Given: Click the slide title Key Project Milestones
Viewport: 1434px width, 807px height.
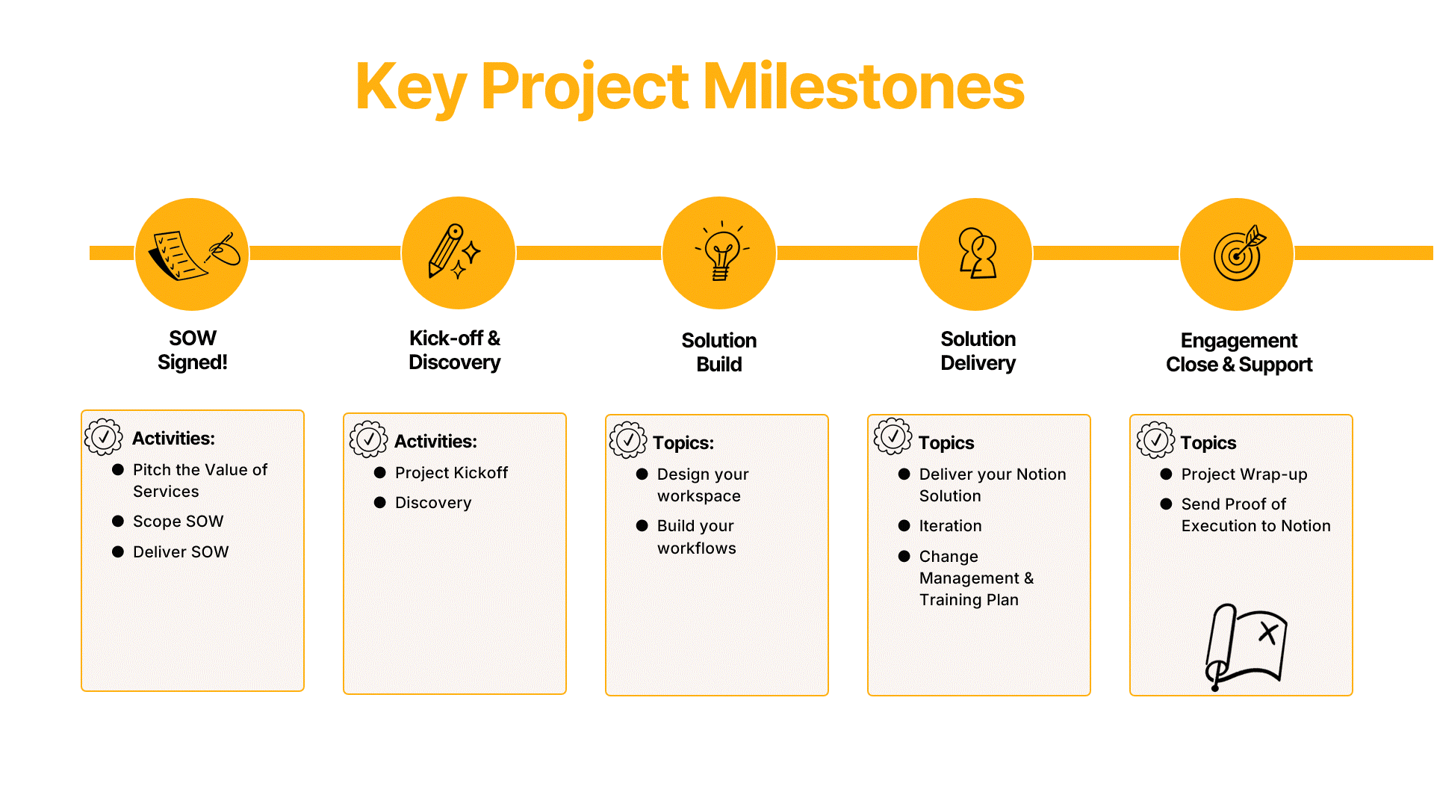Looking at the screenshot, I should tap(689, 87).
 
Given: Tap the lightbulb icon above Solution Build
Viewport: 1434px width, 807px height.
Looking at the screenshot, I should tap(721, 253).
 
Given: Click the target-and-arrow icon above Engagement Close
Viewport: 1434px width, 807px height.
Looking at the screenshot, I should tap(1238, 254).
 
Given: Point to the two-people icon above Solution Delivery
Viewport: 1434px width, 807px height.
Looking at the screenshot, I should tap(976, 253).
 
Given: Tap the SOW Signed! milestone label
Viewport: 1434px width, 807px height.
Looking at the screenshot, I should tap(193, 350).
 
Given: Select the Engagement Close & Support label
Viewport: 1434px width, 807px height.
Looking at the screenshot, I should tap(1238, 352).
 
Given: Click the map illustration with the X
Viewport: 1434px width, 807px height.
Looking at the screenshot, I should tap(1246, 646).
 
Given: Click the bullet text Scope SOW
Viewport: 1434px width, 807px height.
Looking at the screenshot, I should tap(178, 522).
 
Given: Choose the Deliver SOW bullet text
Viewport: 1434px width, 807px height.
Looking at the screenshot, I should tap(181, 552).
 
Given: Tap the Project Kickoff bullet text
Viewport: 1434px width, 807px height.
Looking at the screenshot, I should tap(451, 473).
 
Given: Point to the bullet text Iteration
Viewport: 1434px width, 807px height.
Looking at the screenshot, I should tap(950, 526).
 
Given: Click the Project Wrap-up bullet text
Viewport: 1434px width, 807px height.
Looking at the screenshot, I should tap(1244, 474).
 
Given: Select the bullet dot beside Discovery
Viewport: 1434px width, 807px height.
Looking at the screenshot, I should tap(380, 503).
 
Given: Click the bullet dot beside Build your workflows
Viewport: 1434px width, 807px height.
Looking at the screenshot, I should tap(642, 526).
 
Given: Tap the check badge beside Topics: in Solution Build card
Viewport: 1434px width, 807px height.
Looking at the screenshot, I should tap(628, 440).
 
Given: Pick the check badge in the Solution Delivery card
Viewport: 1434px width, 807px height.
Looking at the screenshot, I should tap(893, 437).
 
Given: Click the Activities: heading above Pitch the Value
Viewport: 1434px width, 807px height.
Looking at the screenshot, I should tap(173, 439).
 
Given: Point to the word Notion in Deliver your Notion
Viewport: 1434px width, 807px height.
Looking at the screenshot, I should tap(1040, 474).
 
